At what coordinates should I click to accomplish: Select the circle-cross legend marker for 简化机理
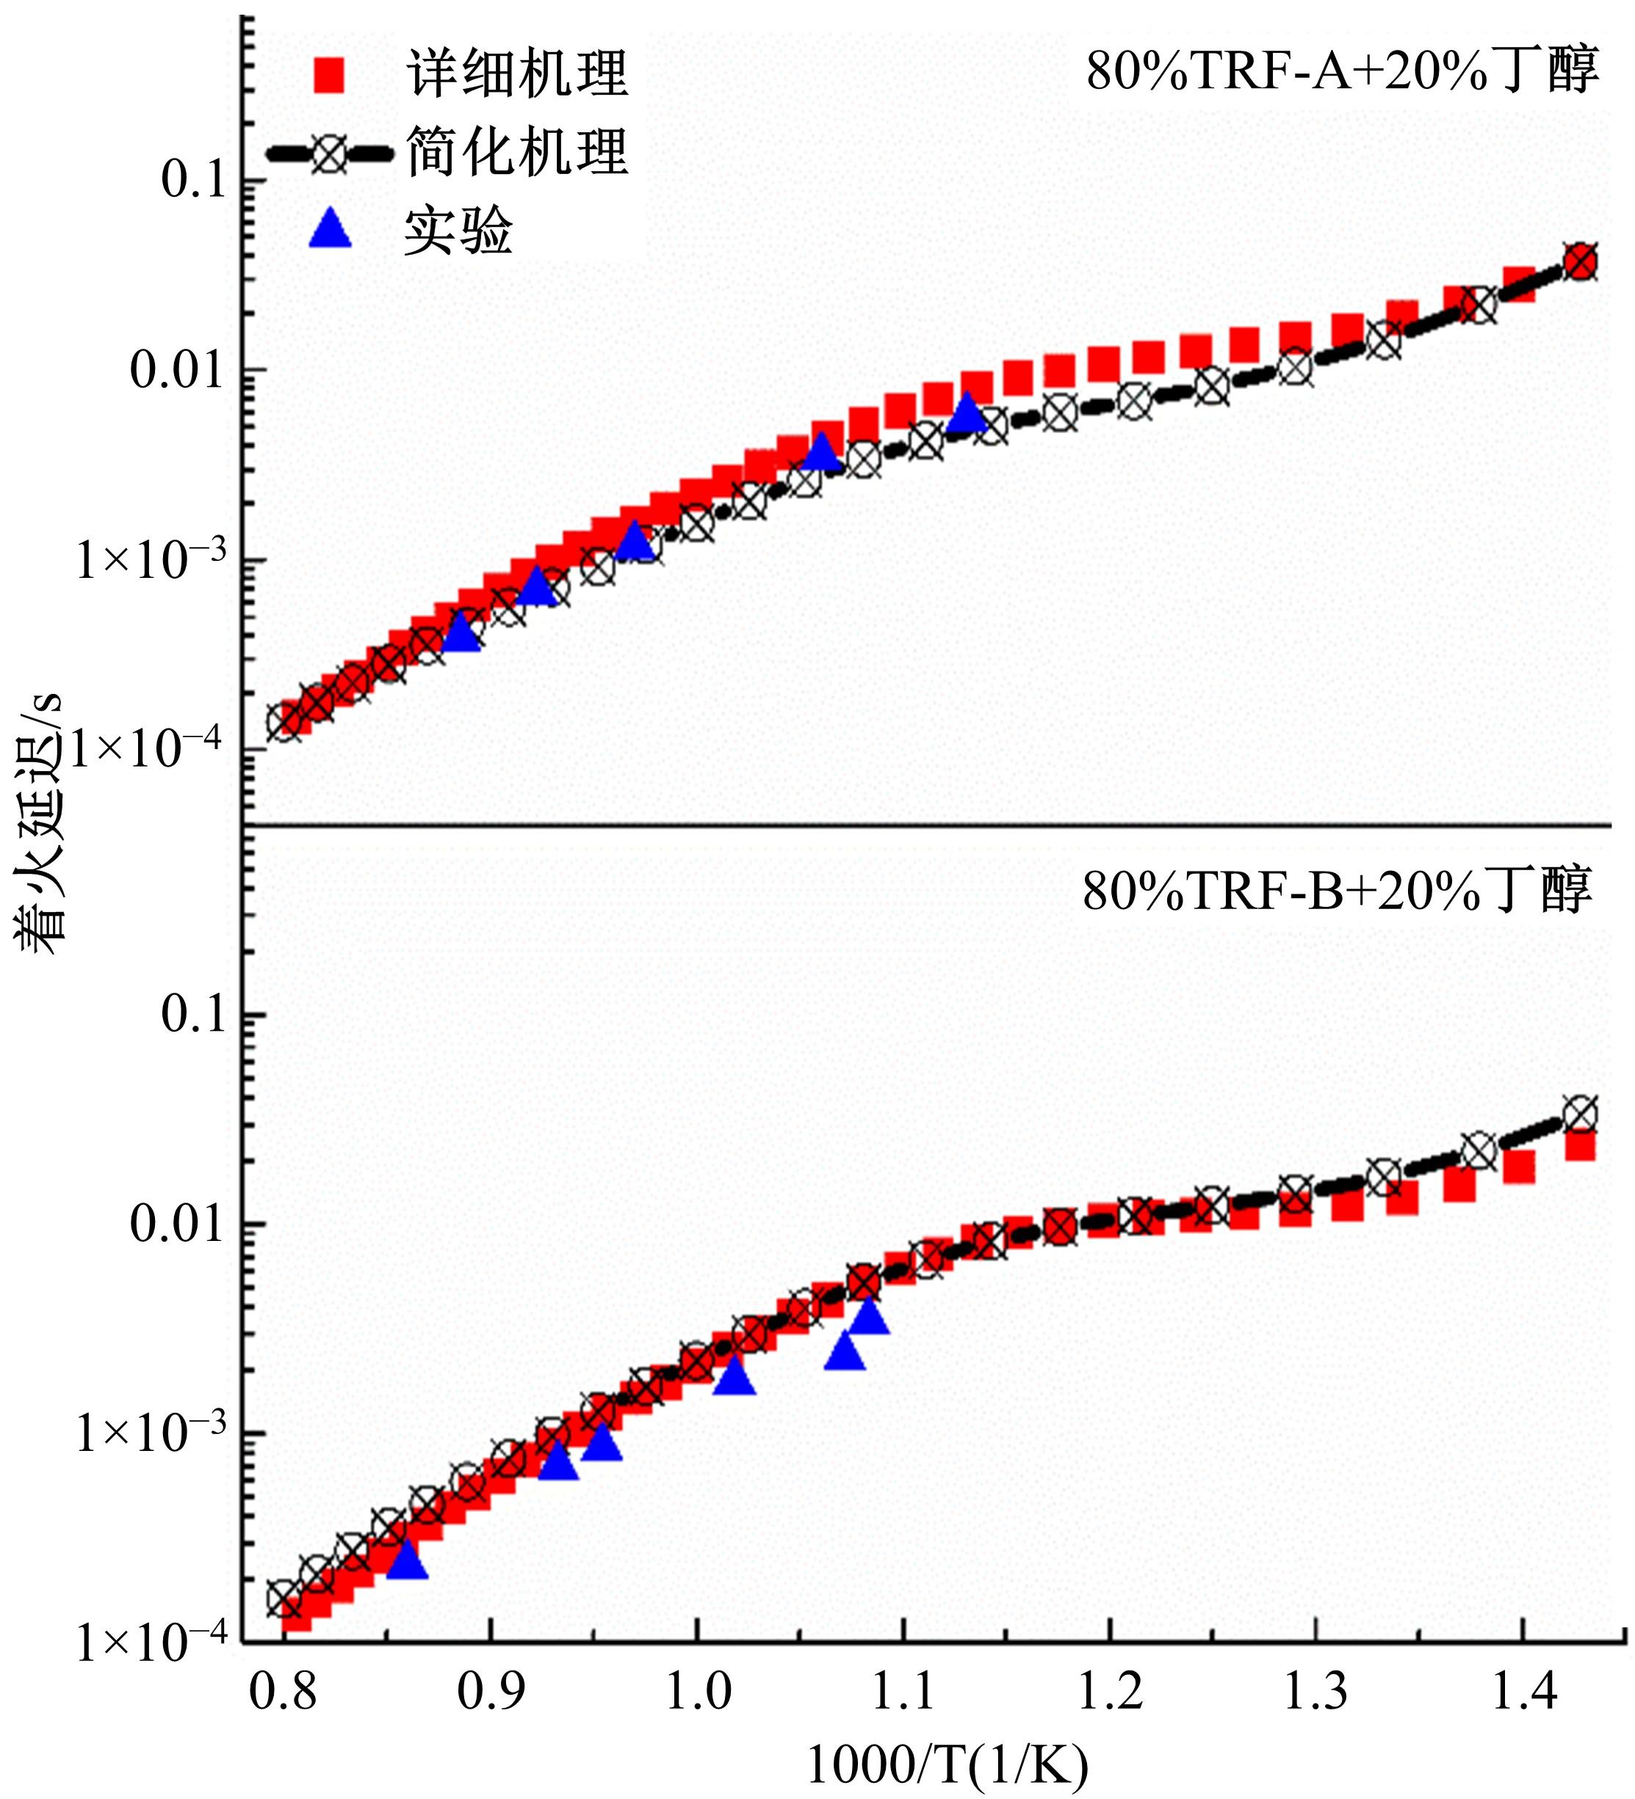tap(329, 153)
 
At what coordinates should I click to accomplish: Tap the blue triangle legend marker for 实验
tap(329, 229)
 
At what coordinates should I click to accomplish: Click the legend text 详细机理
tap(518, 74)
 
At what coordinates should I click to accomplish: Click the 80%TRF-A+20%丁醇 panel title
tap(1341, 72)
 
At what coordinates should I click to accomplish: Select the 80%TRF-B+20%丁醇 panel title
tap(1337, 890)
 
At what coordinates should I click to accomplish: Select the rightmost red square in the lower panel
tap(1581, 1145)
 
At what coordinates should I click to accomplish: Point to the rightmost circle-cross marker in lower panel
tap(1581, 1115)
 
